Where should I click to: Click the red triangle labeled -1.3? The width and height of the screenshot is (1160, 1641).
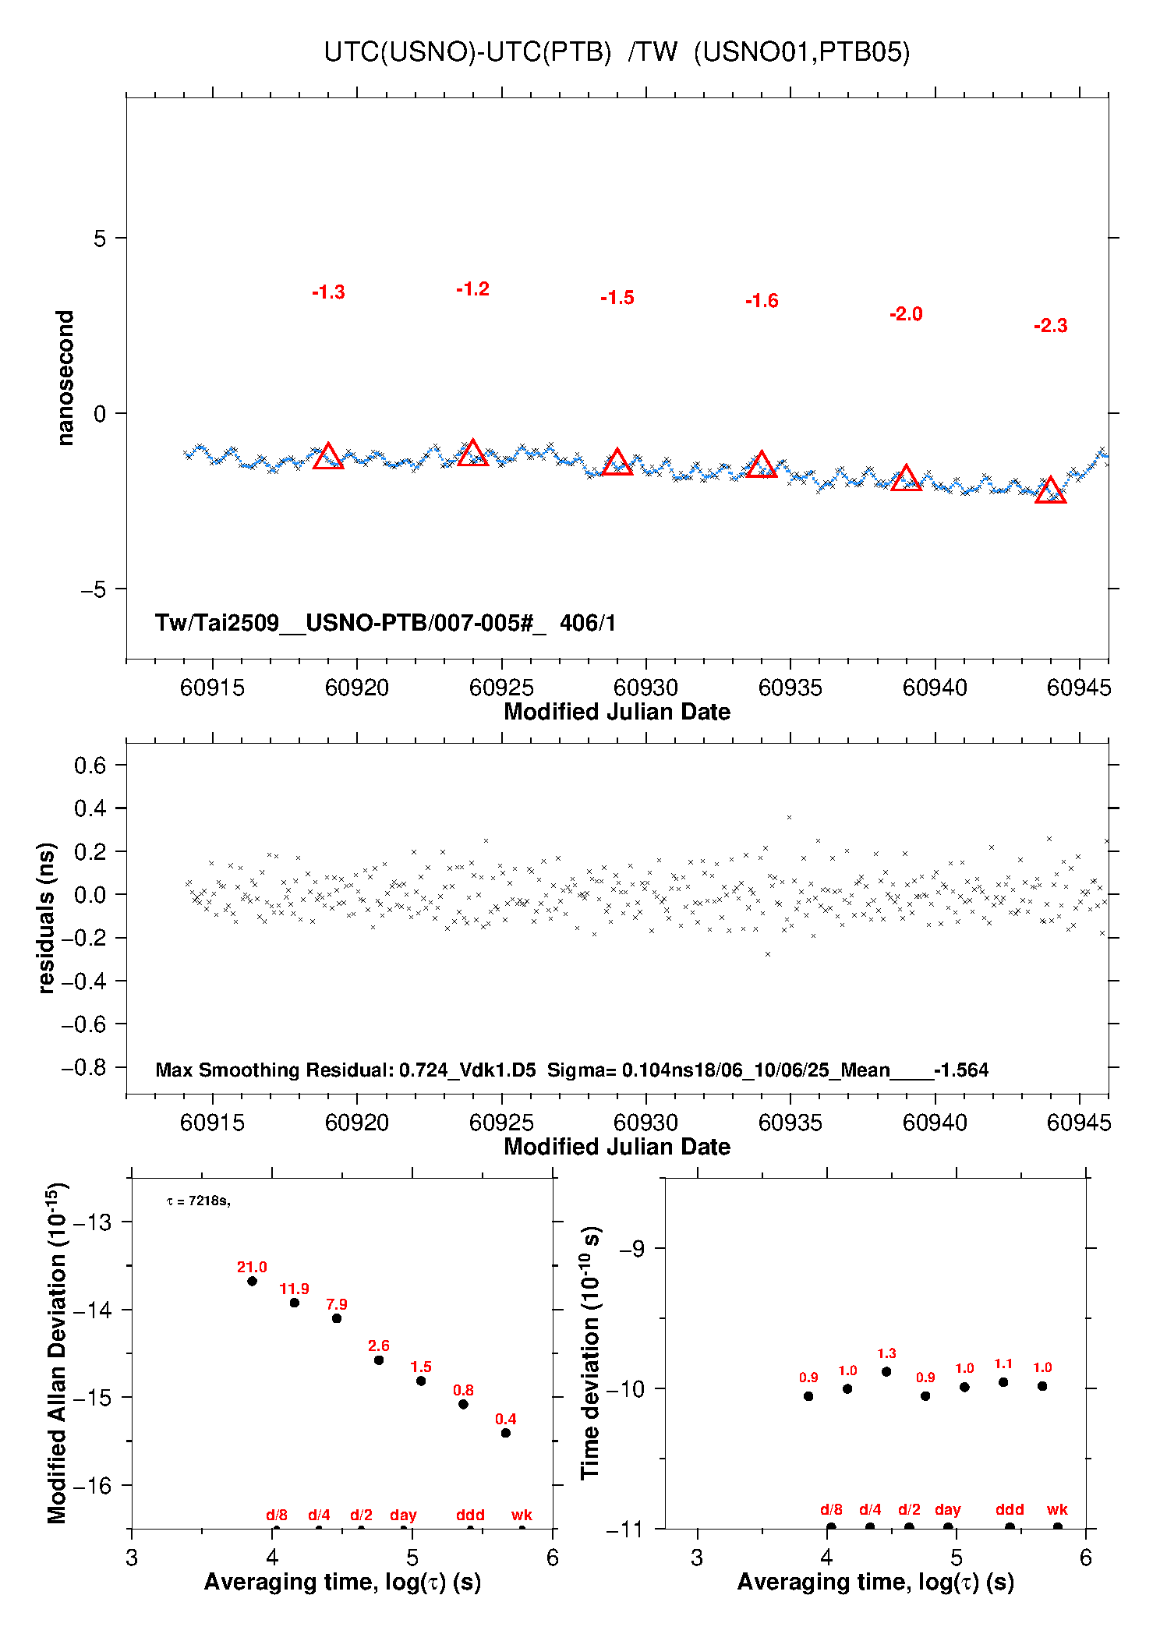[x=328, y=457]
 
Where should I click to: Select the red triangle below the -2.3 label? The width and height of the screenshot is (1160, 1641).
[x=1050, y=491]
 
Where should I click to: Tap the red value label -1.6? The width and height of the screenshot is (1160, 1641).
[x=762, y=301]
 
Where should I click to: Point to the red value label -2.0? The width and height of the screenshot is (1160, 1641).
[x=906, y=314]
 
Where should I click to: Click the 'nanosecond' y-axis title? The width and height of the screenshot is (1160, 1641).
[x=65, y=377]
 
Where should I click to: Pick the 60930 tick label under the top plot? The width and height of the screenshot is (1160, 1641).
[x=645, y=688]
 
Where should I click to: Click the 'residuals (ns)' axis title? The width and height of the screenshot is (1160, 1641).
[x=47, y=918]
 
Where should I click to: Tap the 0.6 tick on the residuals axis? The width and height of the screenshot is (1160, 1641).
[x=90, y=766]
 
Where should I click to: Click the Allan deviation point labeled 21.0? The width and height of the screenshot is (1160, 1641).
[x=252, y=1281]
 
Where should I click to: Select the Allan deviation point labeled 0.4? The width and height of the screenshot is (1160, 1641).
[x=505, y=1433]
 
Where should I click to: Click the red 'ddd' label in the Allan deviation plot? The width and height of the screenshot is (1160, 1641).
[x=470, y=1515]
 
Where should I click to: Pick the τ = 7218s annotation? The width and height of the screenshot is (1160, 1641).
[x=198, y=1201]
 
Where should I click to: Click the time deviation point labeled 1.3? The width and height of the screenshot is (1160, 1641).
[x=886, y=1371]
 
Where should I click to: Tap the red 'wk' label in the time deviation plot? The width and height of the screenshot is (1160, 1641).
[x=1057, y=1509]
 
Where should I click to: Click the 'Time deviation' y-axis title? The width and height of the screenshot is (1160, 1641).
[x=591, y=1353]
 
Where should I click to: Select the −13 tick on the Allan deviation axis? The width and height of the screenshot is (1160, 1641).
[x=92, y=1222]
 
